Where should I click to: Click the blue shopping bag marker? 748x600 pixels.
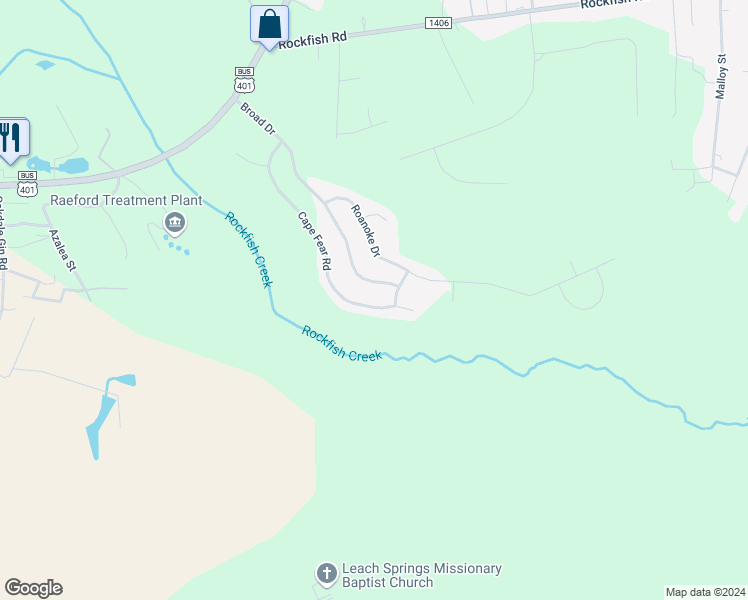[x=269, y=24]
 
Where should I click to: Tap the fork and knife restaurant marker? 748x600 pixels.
[x=11, y=138]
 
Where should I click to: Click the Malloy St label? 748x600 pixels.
[x=720, y=77]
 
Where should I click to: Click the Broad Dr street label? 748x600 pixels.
[x=257, y=119]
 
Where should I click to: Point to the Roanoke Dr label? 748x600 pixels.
[x=365, y=231]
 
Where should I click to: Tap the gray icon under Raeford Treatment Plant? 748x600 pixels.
[x=175, y=222]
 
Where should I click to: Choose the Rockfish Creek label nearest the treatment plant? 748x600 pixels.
[x=247, y=249]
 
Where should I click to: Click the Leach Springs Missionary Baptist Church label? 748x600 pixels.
[x=421, y=575]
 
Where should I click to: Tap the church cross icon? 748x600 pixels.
[x=326, y=574]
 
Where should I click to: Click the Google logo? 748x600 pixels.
[x=33, y=588]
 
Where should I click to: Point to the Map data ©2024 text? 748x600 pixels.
[x=704, y=592]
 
